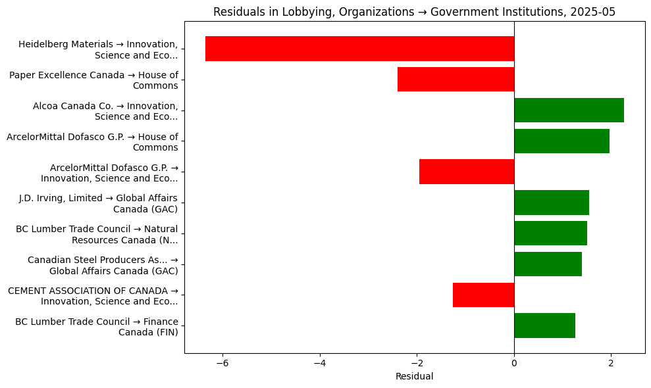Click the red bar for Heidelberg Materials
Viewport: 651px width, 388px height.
pos(359,49)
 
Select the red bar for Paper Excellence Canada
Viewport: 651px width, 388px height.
pos(456,80)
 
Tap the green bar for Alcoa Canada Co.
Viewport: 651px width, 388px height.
pos(569,110)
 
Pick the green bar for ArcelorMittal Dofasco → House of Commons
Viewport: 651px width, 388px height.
pos(561,141)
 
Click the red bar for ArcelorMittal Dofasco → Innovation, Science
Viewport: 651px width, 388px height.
pos(467,172)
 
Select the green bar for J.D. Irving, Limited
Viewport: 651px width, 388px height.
pos(552,203)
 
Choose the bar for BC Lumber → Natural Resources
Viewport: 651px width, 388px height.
pos(550,233)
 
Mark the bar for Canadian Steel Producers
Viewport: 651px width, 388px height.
pos(548,264)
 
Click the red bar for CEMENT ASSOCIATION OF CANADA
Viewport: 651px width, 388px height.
pos(483,295)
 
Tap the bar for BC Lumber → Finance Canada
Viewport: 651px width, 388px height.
pos(544,326)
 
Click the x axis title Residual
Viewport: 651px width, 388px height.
pos(414,377)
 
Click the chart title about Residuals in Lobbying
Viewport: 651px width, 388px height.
pos(414,11)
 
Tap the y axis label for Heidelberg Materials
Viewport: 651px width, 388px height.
pos(98,49)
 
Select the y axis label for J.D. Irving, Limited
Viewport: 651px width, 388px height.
pos(98,203)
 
